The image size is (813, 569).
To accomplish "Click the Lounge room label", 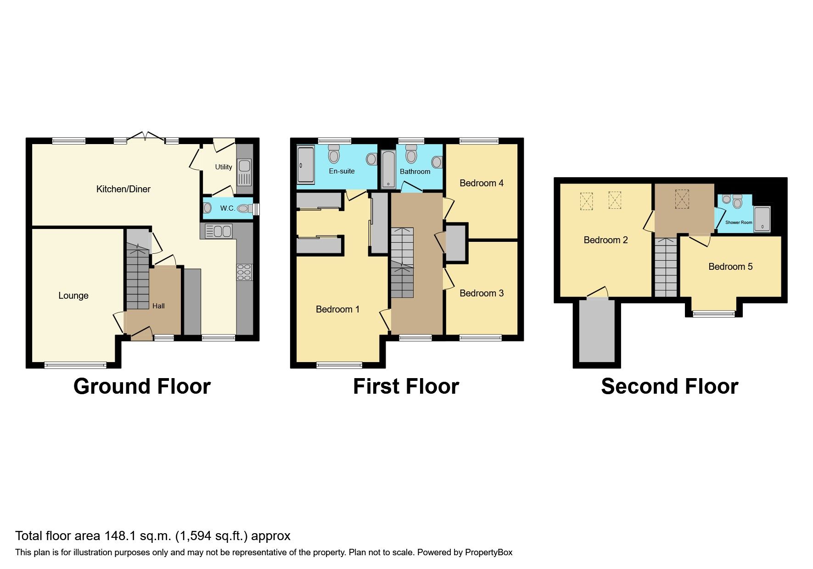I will [x=73, y=296].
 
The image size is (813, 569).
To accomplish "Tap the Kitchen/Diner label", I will [x=123, y=189].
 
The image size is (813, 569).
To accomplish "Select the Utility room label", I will [x=224, y=167].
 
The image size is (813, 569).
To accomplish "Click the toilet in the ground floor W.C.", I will [x=243, y=209].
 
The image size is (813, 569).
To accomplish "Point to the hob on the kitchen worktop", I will [x=244, y=272].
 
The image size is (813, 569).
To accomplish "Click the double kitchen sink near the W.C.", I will [x=218, y=231].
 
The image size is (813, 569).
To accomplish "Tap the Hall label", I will [x=158, y=306].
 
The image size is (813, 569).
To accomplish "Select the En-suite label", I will [x=342, y=171].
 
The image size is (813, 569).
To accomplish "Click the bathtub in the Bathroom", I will [x=388, y=169].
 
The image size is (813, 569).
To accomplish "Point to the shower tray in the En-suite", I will [x=306, y=165].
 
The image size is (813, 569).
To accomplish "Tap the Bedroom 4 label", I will [x=481, y=183].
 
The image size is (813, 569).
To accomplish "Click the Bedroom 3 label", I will [x=481, y=293].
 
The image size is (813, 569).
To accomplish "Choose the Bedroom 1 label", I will [x=337, y=309].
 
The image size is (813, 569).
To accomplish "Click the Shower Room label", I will [x=739, y=223].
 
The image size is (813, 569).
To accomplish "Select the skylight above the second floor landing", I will [x=682, y=199].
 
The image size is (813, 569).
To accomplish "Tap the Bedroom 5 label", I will [x=730, y=267].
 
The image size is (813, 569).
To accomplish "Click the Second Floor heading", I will [x=669, y=386].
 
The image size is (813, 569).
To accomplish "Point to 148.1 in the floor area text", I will [x=120, y=536].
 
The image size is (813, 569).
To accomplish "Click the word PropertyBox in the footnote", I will [x=488, y=552].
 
